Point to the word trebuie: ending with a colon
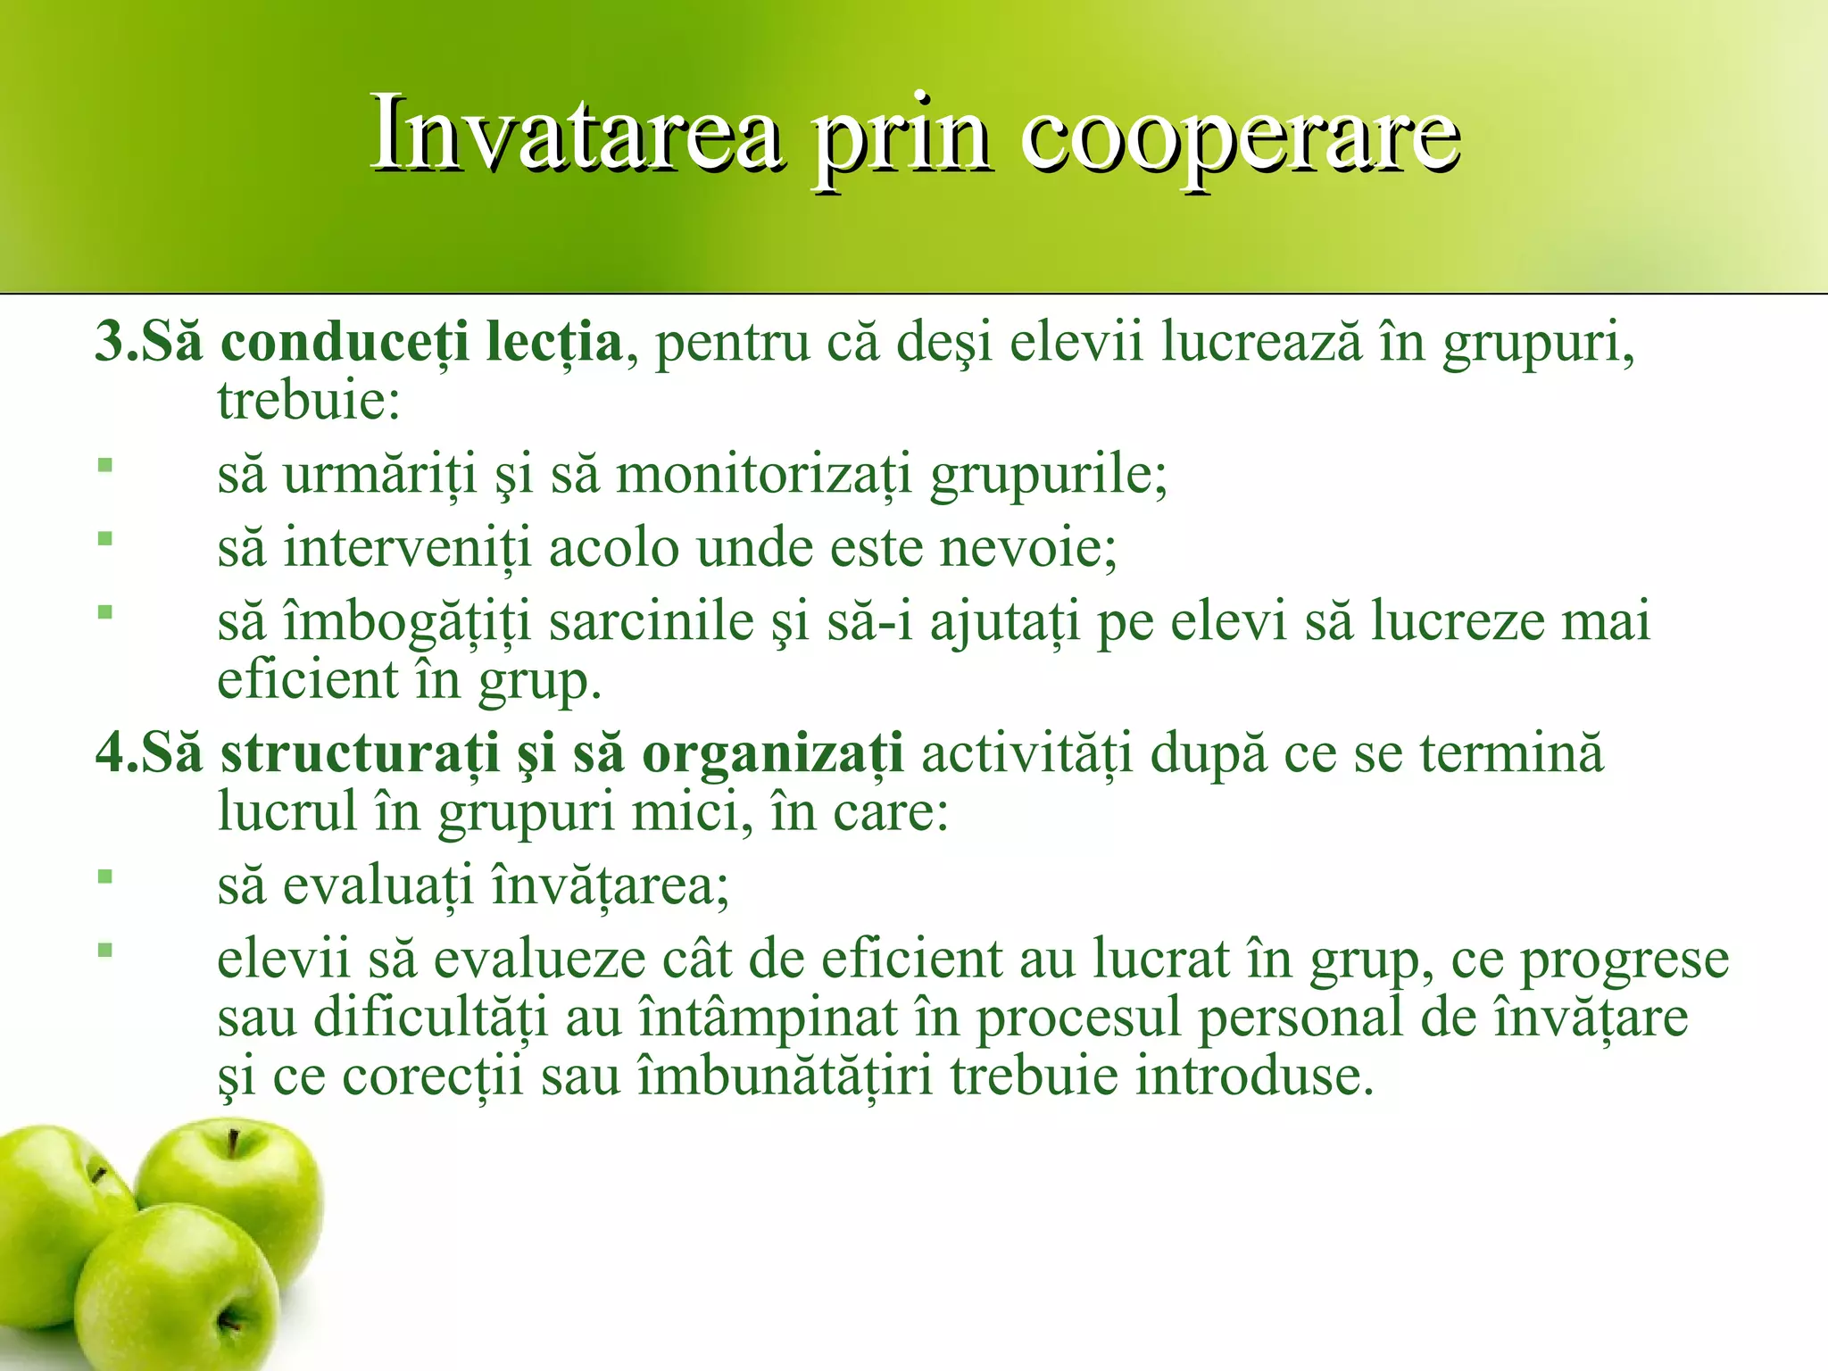coord(309,401)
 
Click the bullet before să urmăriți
coord(105,465)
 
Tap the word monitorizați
coord(764,474)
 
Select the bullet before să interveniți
coord(105,538)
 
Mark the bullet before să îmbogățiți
coord(105,612)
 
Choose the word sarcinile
coord(652,621)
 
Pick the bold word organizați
coord(772,754)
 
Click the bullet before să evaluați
coord(105,877)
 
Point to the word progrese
coord(1624,960)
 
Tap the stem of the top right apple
coord(234,1142)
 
